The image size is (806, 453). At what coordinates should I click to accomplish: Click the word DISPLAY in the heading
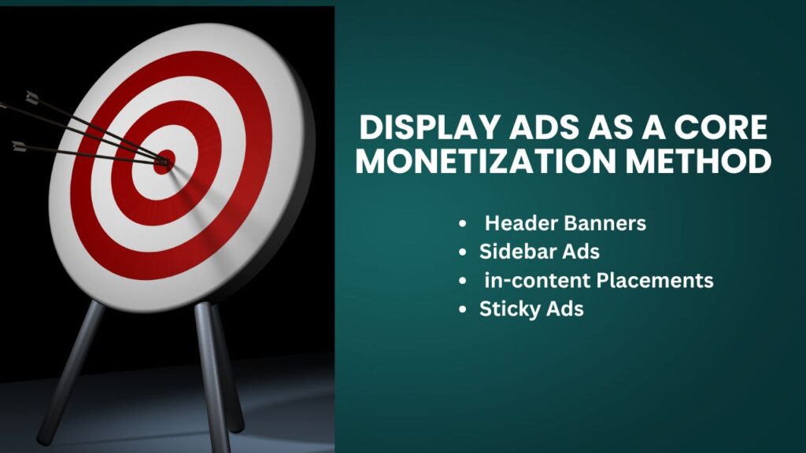(x=414, y=128)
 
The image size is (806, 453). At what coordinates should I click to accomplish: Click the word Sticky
(x=505, y=309)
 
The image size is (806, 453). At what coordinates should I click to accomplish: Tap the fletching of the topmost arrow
(x=31, y=98)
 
